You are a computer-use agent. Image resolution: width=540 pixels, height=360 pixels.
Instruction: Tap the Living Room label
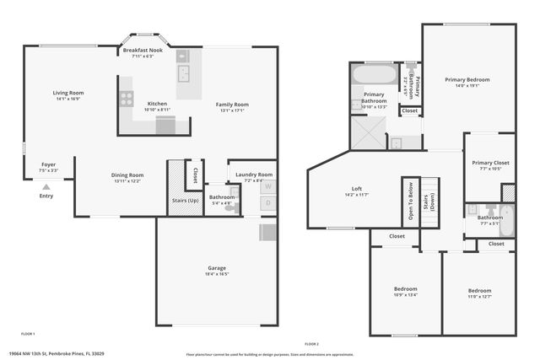point(68,93)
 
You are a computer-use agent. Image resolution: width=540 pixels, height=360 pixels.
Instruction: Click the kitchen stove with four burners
point(127,98)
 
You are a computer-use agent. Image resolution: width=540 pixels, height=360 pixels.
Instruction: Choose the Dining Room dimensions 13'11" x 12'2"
point(127,181)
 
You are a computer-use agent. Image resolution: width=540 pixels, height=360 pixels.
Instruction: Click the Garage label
point(217,267)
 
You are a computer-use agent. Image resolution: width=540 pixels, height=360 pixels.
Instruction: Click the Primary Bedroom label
point(467,79)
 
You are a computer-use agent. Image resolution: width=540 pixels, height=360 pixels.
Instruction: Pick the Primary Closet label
point(490,163)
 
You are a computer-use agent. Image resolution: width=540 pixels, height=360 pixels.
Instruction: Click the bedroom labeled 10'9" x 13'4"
point(405,292)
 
